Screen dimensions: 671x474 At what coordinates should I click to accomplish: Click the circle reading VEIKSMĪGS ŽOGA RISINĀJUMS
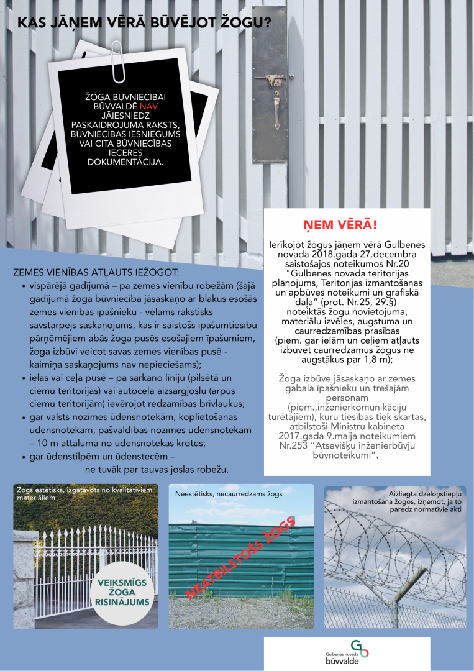coord(122,591)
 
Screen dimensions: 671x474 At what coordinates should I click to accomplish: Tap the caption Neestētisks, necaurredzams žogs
coord(229,493)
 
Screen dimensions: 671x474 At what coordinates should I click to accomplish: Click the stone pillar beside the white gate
coord(25,578)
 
